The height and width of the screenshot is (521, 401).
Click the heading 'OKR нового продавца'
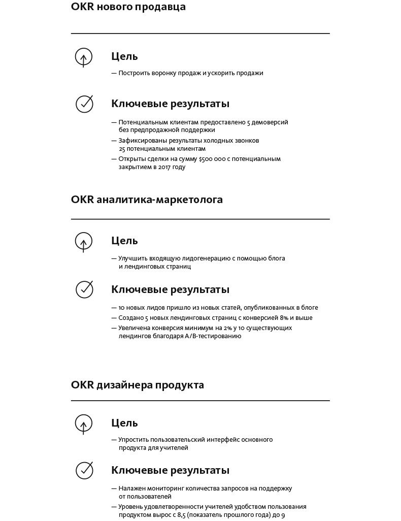(x=128, y=7)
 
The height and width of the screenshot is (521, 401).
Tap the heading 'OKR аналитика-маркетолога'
(x=147, y=200)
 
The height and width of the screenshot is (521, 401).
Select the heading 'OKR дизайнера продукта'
(x=138, y=385)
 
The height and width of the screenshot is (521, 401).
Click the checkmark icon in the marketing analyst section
(x=85, y=289)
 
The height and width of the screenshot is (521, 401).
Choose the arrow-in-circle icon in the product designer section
(x=84, y=424)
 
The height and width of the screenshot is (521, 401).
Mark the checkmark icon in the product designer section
(x=85, y=470)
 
